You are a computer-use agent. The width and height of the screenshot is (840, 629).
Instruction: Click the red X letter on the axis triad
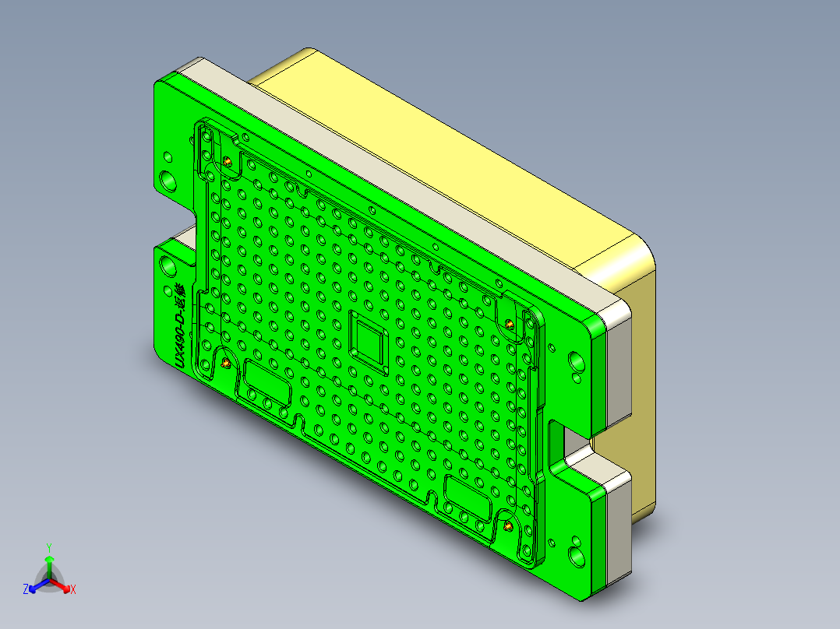coord(73,590)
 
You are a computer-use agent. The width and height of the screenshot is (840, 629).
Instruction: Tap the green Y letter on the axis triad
coord(49,546)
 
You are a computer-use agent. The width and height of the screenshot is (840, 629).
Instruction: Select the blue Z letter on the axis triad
coord(26,589)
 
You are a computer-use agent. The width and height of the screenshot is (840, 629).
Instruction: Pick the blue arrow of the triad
coord(36,586)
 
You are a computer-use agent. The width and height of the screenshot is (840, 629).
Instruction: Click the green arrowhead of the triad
coord(49,560)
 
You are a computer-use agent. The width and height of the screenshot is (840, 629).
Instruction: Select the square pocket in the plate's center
coord(369,340)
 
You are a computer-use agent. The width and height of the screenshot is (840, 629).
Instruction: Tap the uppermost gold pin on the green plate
coord(228,161)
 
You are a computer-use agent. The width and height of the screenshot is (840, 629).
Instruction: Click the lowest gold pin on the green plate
coord(508,526)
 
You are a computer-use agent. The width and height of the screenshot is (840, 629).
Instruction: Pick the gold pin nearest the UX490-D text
coord(225,363)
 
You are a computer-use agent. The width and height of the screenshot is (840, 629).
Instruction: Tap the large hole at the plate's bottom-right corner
coord(577,556)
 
